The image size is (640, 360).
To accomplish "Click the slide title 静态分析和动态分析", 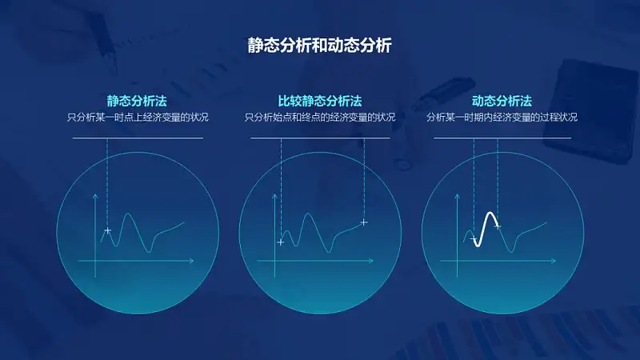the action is [319, 46].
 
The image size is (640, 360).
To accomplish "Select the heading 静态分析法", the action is [137, 101].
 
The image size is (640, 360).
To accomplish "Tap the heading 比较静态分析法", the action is [320, 101].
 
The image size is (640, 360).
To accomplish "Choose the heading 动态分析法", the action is [502, 101].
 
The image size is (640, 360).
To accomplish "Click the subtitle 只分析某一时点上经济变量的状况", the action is [138, 118].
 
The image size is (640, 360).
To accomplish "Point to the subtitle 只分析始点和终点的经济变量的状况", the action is [320, 118].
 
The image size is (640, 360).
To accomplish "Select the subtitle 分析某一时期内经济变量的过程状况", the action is [502, 118].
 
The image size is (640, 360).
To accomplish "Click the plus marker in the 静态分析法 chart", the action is [107, 230].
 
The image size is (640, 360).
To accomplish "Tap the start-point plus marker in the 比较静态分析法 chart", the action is [281, 242].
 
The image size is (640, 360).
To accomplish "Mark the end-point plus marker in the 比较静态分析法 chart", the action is [364, 222].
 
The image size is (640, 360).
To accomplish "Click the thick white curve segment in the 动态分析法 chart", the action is [485, 230].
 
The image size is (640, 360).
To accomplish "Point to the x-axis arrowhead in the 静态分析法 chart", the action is [191, 261].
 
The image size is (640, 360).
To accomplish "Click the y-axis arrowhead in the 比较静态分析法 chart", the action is [274, 196].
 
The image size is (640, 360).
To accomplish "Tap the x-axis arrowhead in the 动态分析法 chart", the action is [554, 261].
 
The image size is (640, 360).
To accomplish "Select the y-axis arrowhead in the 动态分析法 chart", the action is [457, 196].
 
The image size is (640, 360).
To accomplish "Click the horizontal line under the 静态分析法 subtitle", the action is [138, 138].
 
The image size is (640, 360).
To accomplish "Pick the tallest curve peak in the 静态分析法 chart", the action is [128, 214].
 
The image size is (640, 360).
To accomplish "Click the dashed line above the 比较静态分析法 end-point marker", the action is [364, 178].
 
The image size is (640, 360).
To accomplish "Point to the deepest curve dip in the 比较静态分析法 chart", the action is [329, 252].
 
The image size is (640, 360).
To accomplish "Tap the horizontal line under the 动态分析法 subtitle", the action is [502, 138].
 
